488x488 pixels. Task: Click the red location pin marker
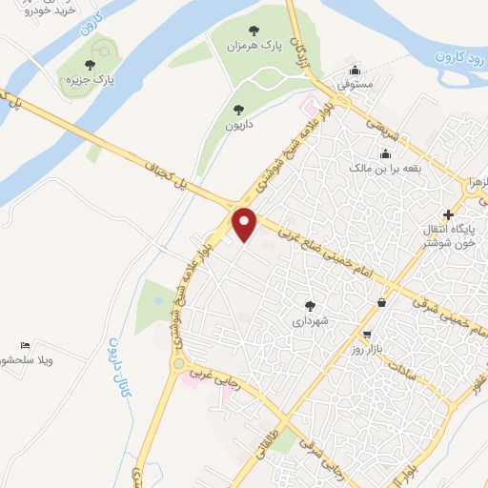246,224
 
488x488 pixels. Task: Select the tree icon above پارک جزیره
90,65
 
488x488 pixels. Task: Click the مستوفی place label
354,85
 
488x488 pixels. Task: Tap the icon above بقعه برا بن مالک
385,153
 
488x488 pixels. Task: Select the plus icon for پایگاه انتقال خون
449,213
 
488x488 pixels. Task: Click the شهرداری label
310,321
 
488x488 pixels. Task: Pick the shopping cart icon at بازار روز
367,335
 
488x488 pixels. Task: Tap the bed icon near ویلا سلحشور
25,345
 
